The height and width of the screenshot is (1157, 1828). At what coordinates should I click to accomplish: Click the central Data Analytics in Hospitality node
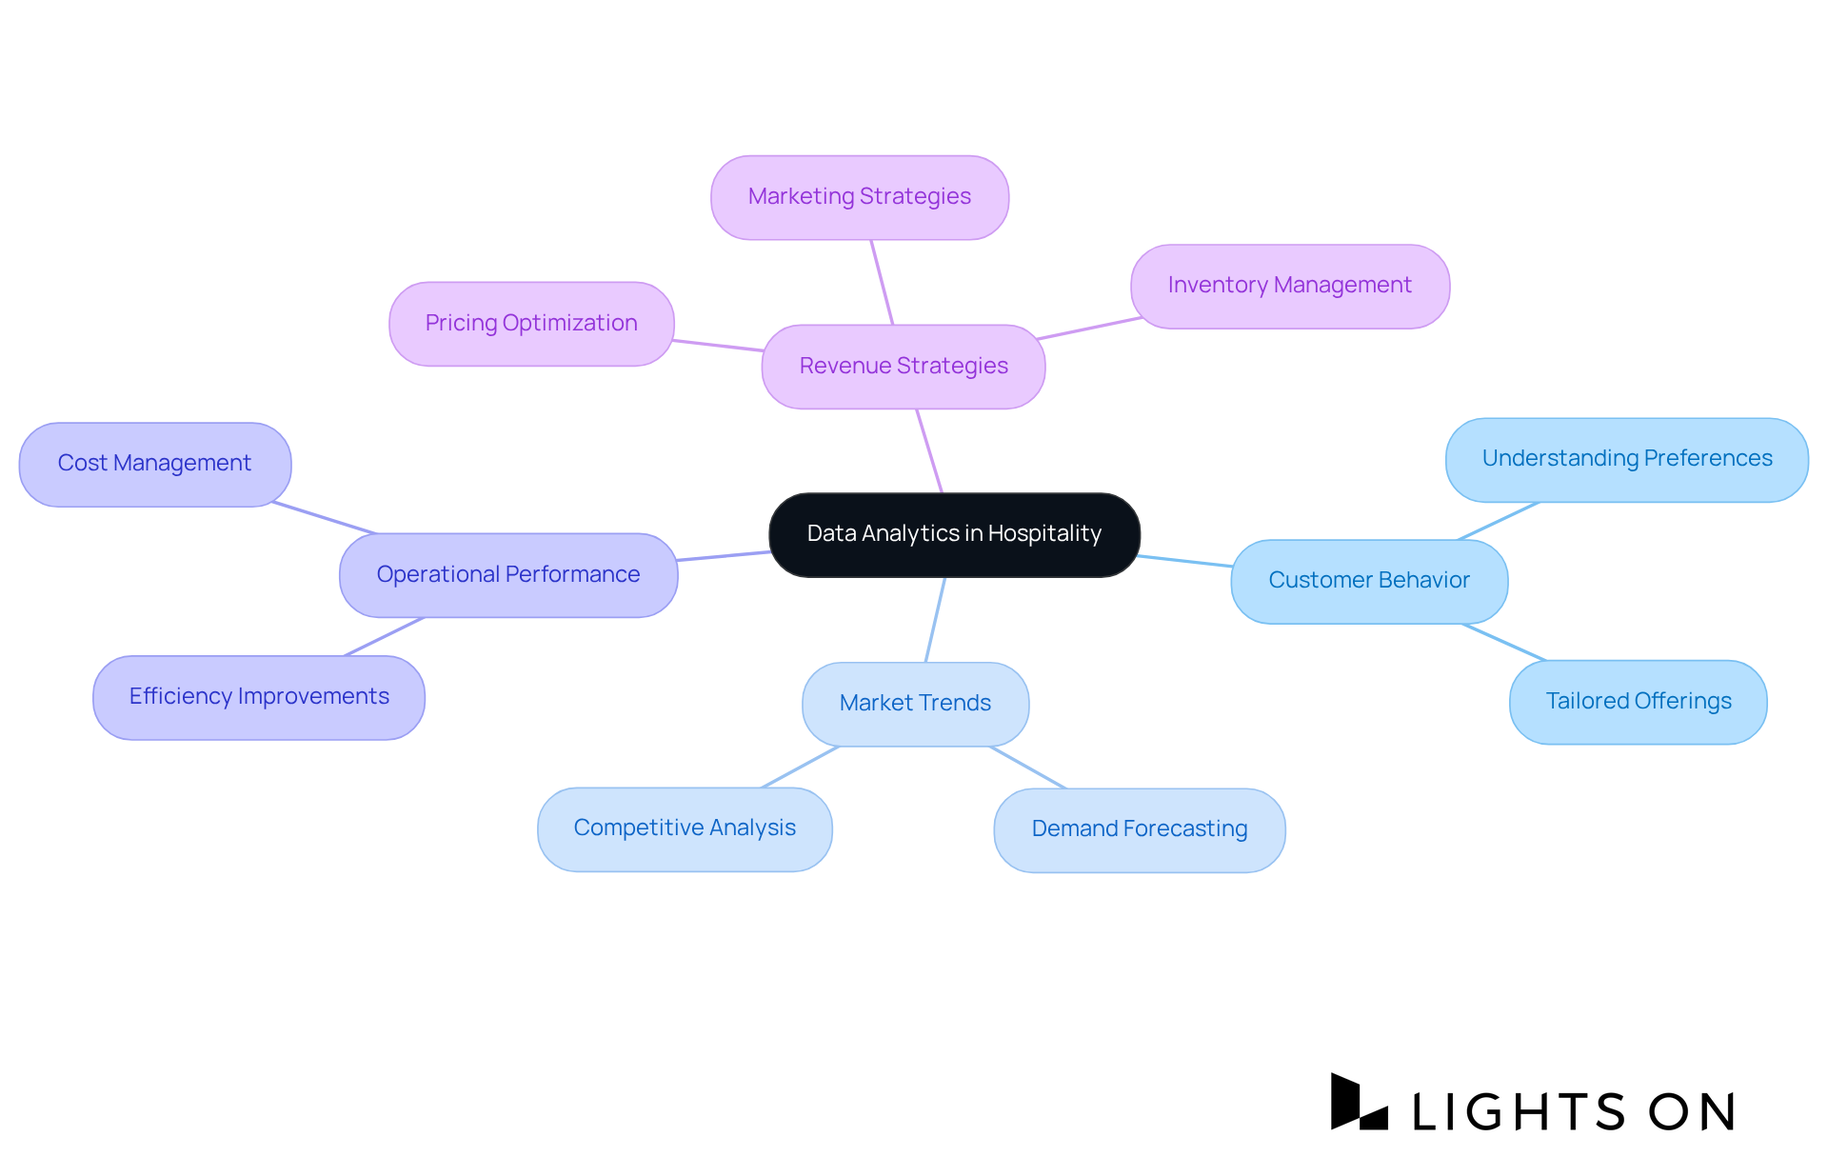(x=954, y=534)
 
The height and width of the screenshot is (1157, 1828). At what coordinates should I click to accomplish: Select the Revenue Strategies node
(x=904, y=367)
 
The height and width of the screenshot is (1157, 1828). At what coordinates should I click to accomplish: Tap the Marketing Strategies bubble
(x=859, y=197)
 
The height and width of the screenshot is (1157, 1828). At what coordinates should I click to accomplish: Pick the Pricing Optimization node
(x=531, y=324)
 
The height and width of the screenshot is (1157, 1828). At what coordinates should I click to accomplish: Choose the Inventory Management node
(x=1289, y=286)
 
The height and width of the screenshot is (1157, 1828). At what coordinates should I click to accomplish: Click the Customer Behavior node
(x=1368, y=581)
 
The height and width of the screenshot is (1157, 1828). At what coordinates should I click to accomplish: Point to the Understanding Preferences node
(x=1626, y=459)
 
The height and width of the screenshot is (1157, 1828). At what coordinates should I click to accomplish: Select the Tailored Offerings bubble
(x=1638, y=702)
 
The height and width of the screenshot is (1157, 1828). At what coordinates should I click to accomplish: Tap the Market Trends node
(x=915, y=704)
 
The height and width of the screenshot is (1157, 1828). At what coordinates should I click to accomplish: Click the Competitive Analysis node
(x=685, y=828)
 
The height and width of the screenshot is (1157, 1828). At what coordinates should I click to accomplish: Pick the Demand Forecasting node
(x=1139, y=829)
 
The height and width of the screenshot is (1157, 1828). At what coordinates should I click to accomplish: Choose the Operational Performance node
(x=508, y=575)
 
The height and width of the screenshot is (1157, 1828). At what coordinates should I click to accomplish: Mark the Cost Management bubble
(x=154, y=464)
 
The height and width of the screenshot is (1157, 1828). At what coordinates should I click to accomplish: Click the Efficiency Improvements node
(x=259, y=697)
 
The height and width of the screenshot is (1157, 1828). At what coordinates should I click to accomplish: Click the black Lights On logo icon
(x=1358, y=1104)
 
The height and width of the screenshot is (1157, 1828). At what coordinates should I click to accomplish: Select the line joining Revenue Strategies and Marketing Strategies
(x=882, y=282)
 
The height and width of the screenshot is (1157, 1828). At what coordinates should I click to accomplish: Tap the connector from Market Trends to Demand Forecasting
(x=1028, y=768)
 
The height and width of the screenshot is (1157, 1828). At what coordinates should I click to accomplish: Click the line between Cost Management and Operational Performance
(x=324, y=518)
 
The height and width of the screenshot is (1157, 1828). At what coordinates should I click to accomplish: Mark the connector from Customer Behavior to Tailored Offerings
(x=1504, y=642)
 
